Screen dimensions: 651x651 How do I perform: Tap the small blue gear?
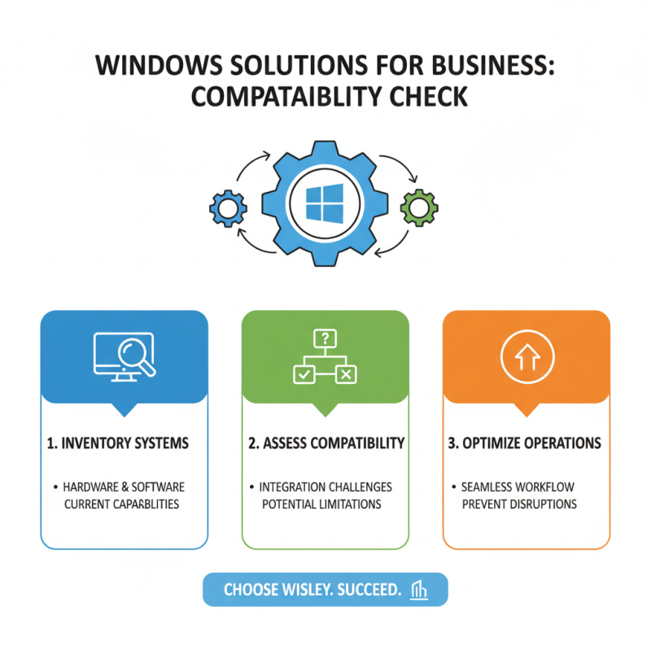coord(227,208)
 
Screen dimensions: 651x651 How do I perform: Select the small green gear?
coord(420,208)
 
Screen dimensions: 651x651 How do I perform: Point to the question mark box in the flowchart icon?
coord(325,338)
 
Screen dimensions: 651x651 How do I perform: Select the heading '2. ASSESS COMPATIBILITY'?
coord(325,443)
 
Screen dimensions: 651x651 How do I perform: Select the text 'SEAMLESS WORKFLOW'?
coord(518,487)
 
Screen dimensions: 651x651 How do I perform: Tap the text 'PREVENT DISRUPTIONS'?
coord(519,504)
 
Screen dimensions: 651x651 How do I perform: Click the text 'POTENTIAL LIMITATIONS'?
coord(321,504)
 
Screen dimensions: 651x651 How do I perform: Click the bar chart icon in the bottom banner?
coord(421,590)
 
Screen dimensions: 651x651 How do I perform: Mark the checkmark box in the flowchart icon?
coord(303,375)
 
